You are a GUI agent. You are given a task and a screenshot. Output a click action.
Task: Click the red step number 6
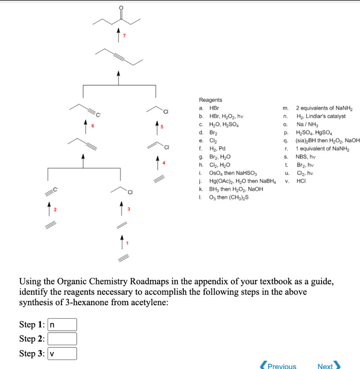(93, 125)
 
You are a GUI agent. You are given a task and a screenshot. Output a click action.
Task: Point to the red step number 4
(164, 163)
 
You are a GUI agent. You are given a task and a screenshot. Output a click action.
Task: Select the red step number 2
(56, 209)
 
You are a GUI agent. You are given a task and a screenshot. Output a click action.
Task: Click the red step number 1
(127, 243)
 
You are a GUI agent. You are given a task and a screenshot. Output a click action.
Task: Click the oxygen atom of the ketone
(121, 8)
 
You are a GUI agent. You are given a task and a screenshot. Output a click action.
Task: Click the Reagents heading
(210, 100)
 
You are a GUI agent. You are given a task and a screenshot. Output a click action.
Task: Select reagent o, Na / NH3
(306, 124)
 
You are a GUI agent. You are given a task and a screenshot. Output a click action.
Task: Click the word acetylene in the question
(149, 302)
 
